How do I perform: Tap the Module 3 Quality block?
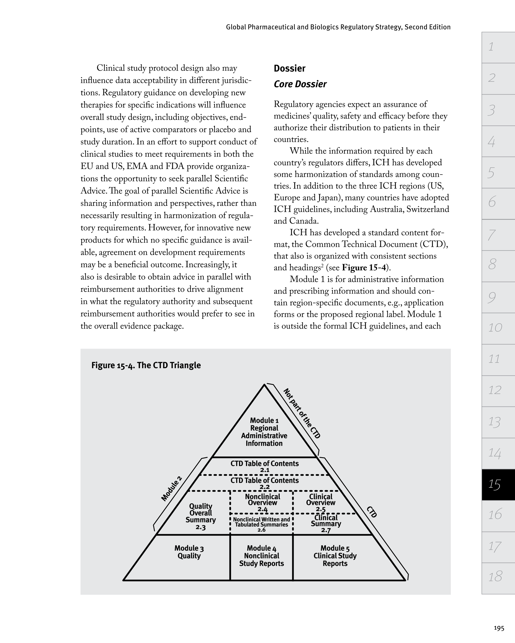coord(189,552)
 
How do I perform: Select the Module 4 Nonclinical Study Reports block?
coord(261,556)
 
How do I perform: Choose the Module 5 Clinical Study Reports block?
coord(335,556)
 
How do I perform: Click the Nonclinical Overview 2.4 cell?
coord(262,503)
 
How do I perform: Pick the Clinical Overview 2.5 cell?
coord(321,503)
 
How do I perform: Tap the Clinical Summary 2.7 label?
coord(326,524)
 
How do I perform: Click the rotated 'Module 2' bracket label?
coord(171,489)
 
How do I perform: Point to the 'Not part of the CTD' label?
coord(302,413)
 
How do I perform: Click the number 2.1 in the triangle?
coord(265,470)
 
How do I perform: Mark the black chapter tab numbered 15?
coord(498,484)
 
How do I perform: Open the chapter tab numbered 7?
coord(498,235)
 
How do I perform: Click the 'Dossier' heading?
coord(289,68)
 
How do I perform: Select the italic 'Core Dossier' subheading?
coord(300,84)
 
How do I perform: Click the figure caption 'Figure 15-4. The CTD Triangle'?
coord(146,365)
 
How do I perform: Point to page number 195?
coord(499,628)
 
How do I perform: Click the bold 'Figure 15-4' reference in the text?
coord(364,267)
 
